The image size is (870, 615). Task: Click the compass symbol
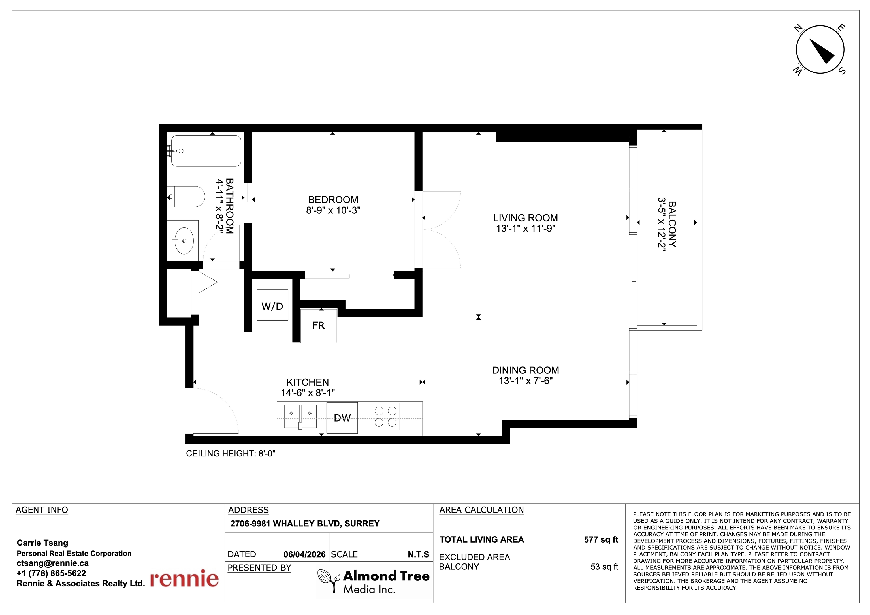tap(820, 50)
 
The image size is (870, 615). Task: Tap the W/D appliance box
tap(272, 305)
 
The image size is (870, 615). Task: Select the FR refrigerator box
tap(319, 326)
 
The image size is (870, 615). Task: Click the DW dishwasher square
tap(342, 418)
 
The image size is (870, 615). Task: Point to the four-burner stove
tap(385, 417)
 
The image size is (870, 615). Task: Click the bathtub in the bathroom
tap(206, 151)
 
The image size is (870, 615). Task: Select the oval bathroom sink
tap(184, 241)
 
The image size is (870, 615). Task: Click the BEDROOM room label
tap(333, 200)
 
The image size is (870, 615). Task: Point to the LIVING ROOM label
tap(526, 218)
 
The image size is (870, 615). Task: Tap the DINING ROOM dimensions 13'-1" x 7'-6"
tap(526, 381)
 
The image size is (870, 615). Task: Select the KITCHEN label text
tap(308, 382)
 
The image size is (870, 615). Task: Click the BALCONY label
tap(672, 224)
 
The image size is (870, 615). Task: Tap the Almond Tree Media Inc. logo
tap(374, 581)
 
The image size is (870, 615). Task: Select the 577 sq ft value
tap(601, 540)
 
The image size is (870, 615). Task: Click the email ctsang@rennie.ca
tap(53, 563)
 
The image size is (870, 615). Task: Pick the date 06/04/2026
tap(304, 555)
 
